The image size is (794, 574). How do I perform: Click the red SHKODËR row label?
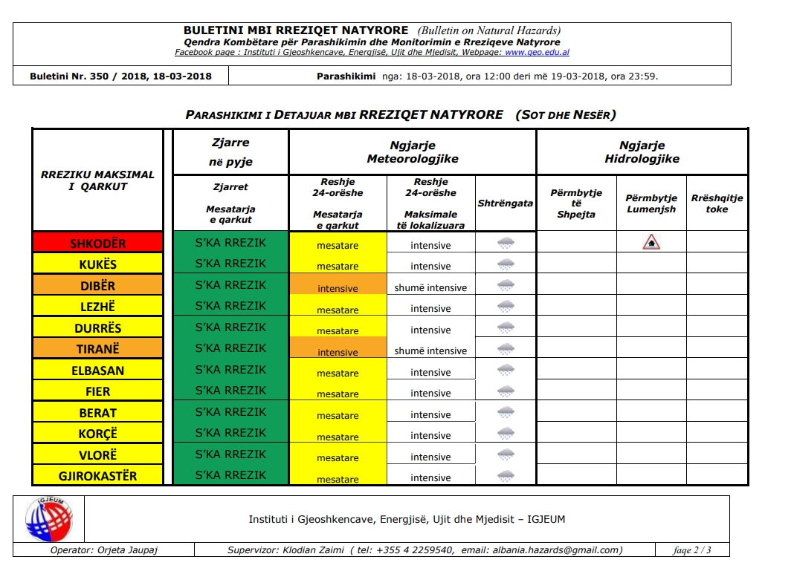click(97, 243)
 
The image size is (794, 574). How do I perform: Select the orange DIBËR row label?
click(97, 285)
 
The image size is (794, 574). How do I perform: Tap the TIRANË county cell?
click(97, 349)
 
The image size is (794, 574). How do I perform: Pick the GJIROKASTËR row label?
click(97, 476)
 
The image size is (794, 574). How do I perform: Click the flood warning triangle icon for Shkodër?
click(651, 242)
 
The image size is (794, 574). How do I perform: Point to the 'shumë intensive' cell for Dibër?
click(430, 287)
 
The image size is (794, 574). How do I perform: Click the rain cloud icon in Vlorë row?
click(506, 454)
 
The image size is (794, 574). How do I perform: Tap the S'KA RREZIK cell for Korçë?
click(230, 433)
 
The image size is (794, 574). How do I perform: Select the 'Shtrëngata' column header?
click(506, 203)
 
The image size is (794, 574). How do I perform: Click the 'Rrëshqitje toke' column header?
click(717, 203)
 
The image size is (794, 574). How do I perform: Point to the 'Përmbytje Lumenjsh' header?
click(651, 203)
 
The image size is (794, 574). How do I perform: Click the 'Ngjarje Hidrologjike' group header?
click(642, 152)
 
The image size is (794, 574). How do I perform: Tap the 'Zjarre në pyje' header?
click(230, 152)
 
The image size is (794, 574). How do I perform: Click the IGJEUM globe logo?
click(49, 519)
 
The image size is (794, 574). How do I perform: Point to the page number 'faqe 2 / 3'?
click(692, 550)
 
